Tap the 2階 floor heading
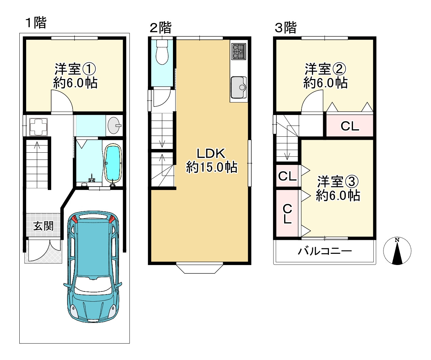point(160,28)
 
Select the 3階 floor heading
point(286,28)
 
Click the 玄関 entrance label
point(43,226)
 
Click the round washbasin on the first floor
point(114,125)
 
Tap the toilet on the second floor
point(162,52)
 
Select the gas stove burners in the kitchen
point(239,52)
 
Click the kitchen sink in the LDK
point(239,87)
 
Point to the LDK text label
point(211,154)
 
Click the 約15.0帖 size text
point(212,167)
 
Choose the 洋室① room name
point(75,69)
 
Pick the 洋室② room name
point(325,69)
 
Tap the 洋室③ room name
point(338,182)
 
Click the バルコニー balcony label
point(325,251)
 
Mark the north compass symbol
point(397,251)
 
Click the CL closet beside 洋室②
point(350,126)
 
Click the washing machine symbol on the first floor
point(38,127)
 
